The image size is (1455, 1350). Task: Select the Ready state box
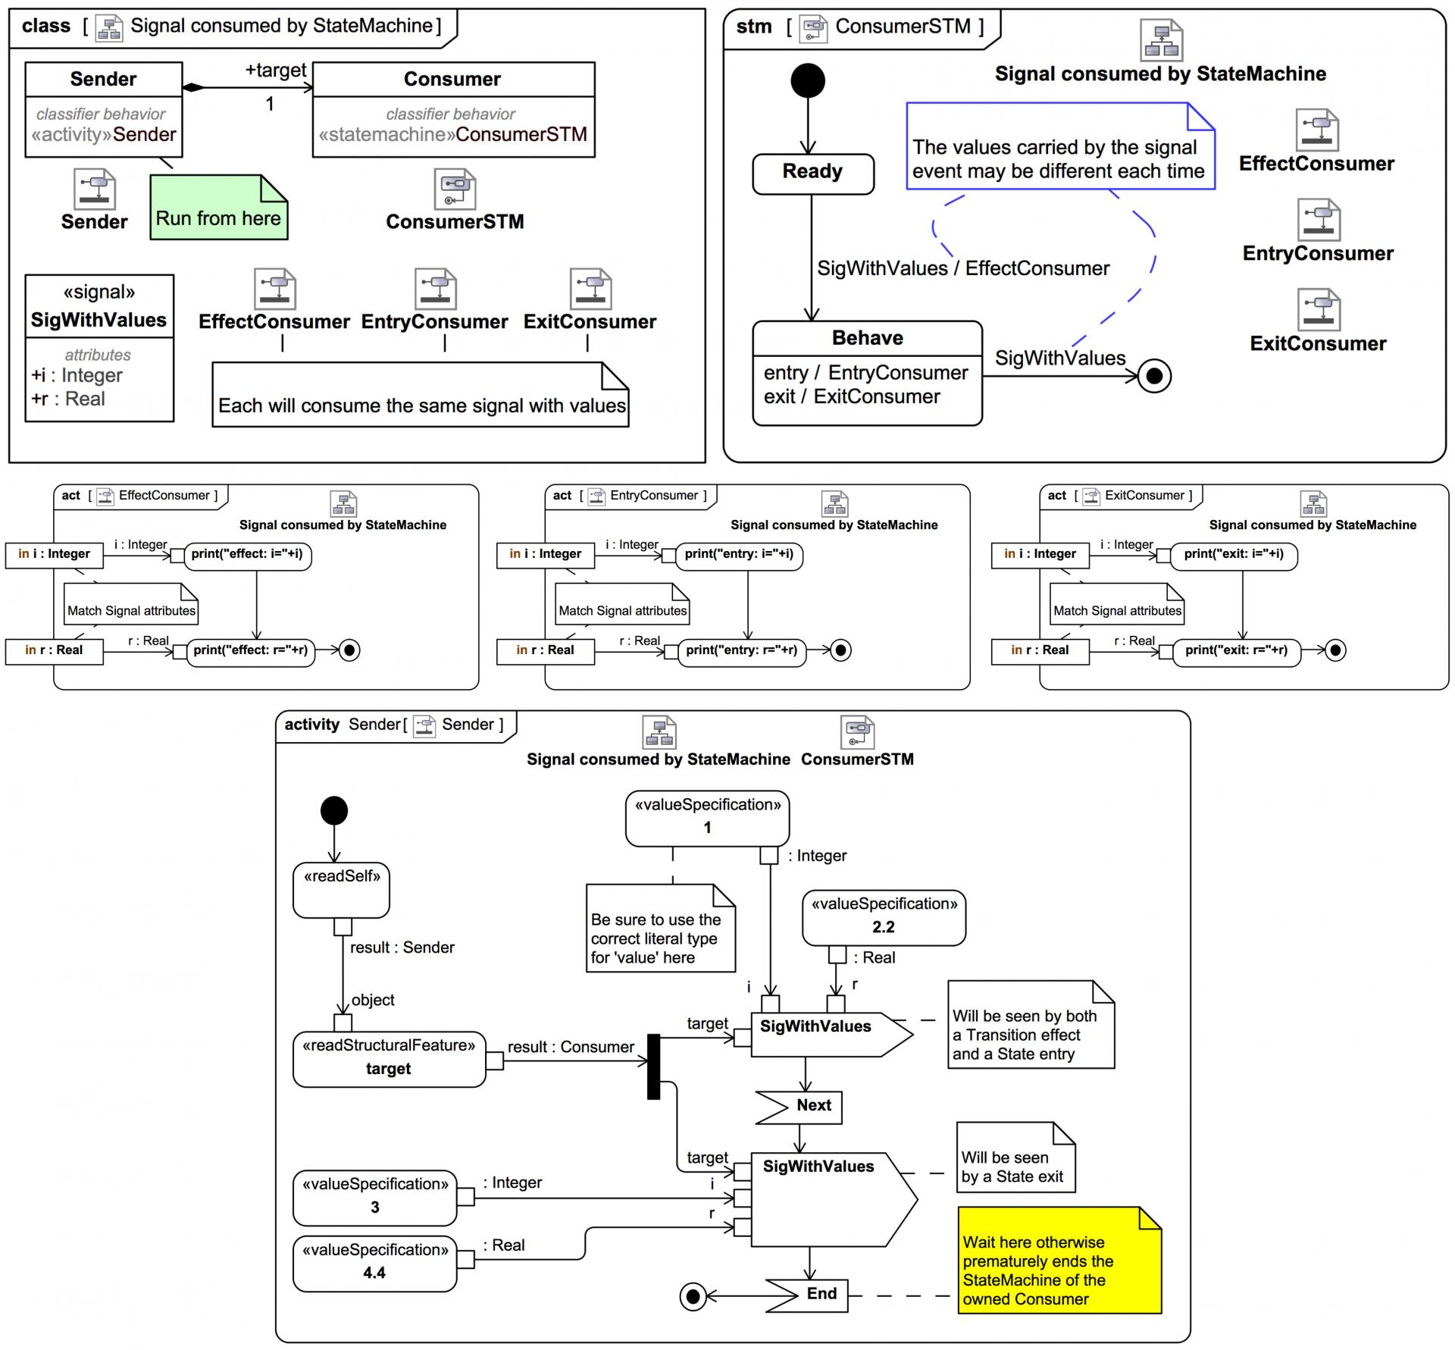click(812, 174)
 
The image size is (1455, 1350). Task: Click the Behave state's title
click(867, 338)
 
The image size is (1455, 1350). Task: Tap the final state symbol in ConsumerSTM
click(1154, 376)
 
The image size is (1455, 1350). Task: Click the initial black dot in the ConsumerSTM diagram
click(808, 80)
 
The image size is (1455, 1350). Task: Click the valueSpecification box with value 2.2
click(884, 917)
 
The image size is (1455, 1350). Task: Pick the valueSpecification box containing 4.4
click(374, 1263)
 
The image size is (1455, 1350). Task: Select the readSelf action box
click(341, 890)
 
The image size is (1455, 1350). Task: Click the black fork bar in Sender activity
click(653, 1067)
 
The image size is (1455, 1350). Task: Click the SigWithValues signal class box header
click(99, 307)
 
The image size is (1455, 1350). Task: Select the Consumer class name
click(452, 80)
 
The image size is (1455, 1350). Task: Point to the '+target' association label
click(275, 70)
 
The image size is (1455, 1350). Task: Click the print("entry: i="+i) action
click(739, 555)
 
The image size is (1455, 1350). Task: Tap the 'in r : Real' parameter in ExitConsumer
click(1040, 650)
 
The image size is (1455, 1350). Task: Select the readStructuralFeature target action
click(389, 1058)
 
